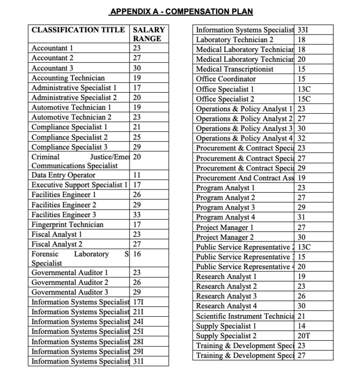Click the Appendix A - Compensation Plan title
pos(182,11)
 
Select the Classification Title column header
pos(79,30)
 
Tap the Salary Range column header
pos(149,34)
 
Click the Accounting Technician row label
pos(68,78)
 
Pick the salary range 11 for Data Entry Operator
pos(137,175)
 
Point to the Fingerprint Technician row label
pos(67,224)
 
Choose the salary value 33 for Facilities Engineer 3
pos(137,214)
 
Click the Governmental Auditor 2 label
pos(70,282)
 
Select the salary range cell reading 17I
pos(138,302)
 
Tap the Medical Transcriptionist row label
pos(233,69)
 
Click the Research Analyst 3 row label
pos(226,296)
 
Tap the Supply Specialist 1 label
pos(226,326)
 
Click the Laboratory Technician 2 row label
pos(235,40)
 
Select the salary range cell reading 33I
pos(303,30)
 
